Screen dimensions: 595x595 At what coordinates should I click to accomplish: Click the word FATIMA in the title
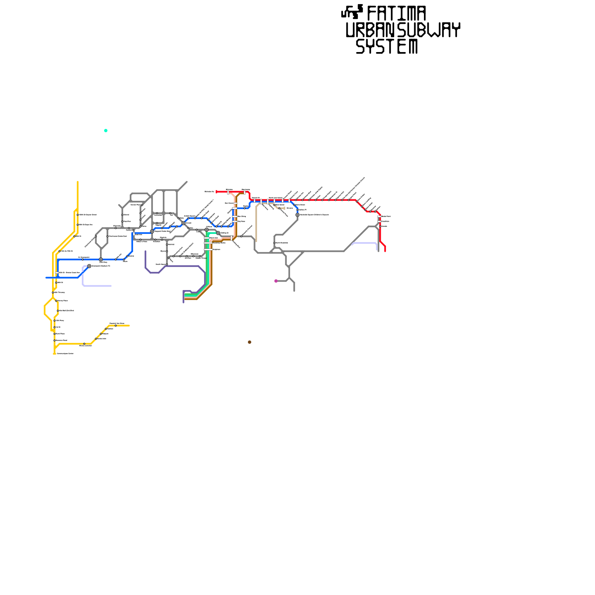[x=396, y=14]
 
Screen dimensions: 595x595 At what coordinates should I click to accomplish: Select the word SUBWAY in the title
[x=428, y=30]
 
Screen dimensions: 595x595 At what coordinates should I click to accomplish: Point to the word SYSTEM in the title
[x=387, y=47]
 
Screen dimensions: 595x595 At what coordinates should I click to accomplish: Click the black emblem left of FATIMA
[x=352, y=12]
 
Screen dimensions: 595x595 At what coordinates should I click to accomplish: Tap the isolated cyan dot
[x=106, y=131]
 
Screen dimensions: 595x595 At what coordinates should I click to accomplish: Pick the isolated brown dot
[x=250, y=342]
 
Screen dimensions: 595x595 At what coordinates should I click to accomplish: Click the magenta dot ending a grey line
[x=276, y=281]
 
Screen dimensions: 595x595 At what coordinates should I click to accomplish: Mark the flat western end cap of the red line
[x=216, y=192]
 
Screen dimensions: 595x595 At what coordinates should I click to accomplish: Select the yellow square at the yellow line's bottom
[x=55, y=354]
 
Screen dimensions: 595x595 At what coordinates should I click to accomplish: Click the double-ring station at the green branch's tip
[x=218, y=233]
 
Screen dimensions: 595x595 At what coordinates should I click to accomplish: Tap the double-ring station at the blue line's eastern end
[x=297, y=215]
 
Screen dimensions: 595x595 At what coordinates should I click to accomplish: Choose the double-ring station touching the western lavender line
[x=89, y=266]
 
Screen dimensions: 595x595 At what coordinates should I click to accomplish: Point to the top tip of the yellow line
[x=77, y=182]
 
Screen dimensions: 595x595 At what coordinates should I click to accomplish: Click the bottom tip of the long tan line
[x=256, y=241]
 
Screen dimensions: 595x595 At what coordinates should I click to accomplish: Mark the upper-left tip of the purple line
[x=145, y=251]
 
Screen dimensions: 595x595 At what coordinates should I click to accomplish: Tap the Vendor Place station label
[x=136, y=205]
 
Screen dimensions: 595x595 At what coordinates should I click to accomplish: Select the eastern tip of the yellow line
[x=129, y=326]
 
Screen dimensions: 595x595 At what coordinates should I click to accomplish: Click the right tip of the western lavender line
[x=111, y=286]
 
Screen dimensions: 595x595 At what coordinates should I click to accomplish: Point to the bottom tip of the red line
[x=385, y=251]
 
